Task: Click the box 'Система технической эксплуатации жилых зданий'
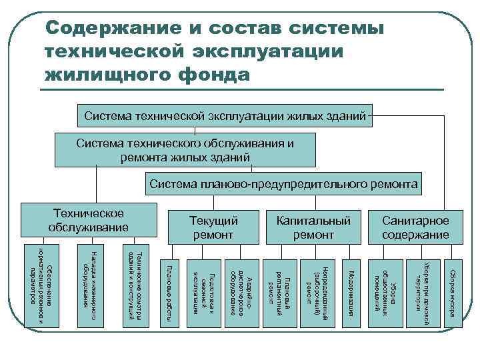coord(225,117)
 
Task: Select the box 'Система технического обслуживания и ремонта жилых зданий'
coord(185,151)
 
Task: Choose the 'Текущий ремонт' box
coord(213,227)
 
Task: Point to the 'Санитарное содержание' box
coord(415,227)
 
